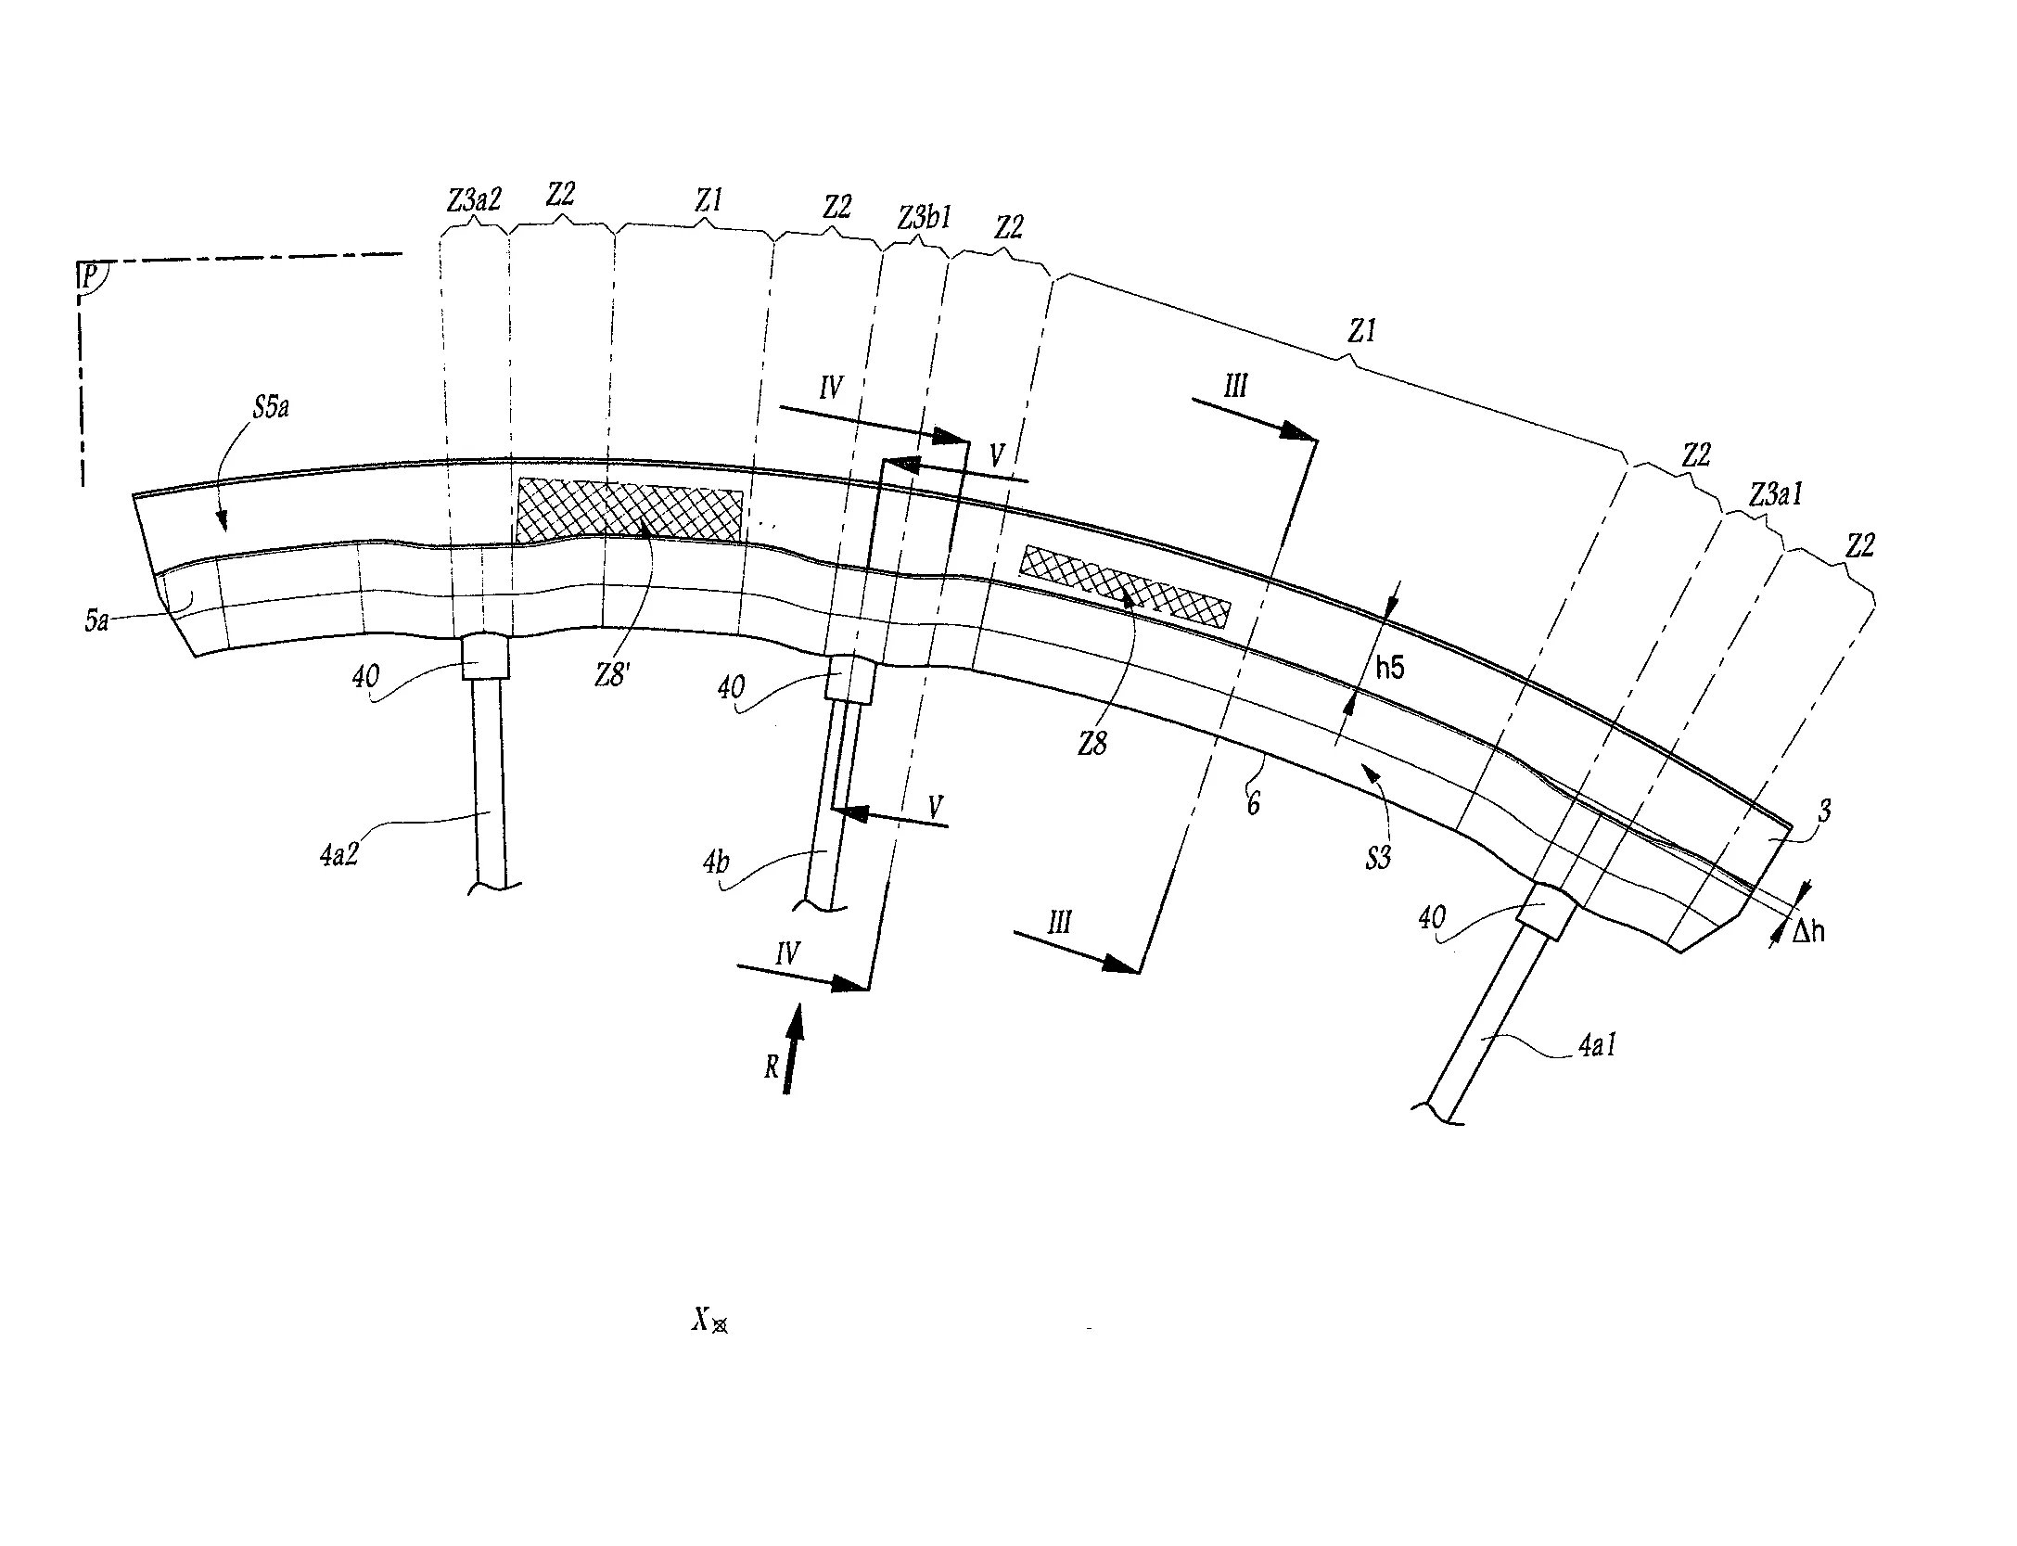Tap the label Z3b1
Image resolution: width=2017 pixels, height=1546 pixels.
pyautogui.click(x=925, y=218)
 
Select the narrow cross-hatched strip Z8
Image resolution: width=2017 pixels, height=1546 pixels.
pyautogui.click(x=1126, y=584)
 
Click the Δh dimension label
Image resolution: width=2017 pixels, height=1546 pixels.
pyautogui.click(x=1807, y=931)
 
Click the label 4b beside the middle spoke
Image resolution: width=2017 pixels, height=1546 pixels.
pyautogui.click(x=716, y=862)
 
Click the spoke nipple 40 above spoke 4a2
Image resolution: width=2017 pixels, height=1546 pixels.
pyautogui.click(x=484, y=658)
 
